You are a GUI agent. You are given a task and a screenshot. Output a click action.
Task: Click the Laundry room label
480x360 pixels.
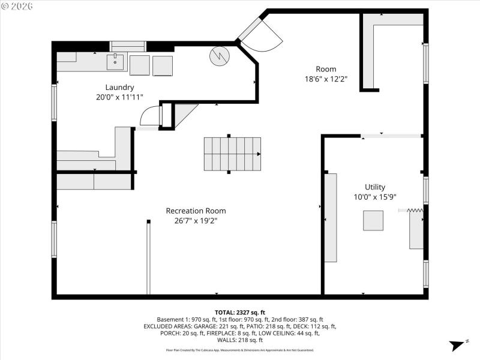[119, 87]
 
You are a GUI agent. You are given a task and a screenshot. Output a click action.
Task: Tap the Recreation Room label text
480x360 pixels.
[196, 211]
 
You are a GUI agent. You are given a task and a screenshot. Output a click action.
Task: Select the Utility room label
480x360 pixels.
[375, 187]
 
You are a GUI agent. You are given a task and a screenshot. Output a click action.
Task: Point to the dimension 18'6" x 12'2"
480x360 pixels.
[326, 79]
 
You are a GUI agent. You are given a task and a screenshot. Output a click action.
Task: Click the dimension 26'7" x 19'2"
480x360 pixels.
[196, 221]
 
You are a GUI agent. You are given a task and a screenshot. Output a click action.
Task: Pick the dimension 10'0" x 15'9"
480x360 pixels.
[375, 197]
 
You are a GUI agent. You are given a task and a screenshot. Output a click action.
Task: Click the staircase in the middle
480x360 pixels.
[233, 154]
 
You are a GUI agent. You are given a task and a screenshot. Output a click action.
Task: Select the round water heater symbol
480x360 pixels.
[219, 56]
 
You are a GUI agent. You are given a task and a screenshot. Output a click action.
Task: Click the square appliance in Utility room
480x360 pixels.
[373, 221]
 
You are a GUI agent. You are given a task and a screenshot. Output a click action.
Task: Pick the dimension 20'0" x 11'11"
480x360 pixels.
[119, 97]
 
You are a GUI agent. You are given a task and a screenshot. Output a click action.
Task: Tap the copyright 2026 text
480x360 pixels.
[18, 5]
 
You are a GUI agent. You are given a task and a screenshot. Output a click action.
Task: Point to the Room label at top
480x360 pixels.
[326, 68]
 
